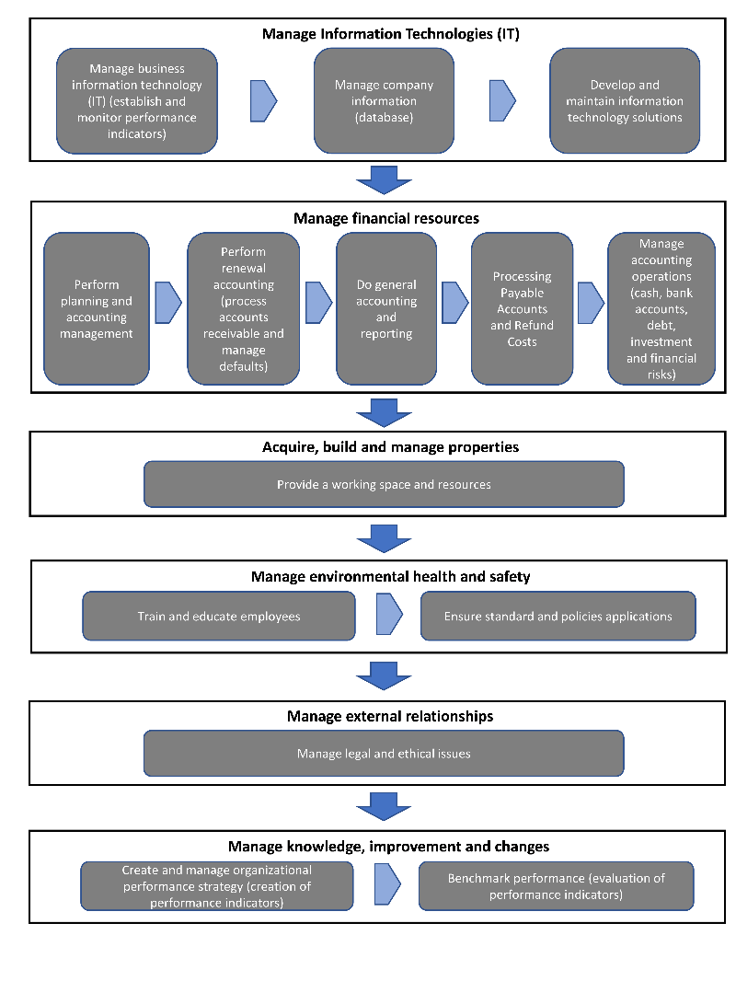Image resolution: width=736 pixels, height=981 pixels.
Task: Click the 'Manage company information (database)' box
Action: click(x=384, y=100)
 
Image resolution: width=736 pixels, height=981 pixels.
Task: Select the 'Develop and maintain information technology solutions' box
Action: click(x=625, y=100)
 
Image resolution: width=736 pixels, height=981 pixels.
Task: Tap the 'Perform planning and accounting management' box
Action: click(x=97, y=308)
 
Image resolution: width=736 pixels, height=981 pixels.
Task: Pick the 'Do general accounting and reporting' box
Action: click(x=385, y=308)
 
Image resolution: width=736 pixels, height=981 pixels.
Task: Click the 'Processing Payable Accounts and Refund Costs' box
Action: click(x=523, y=308)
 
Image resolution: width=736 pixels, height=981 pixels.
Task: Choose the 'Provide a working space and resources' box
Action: click(x=384, y=484)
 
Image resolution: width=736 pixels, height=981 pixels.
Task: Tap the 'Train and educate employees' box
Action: click(x=219, y=617)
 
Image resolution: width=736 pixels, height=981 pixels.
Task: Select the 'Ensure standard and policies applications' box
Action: click(x=558, y=617)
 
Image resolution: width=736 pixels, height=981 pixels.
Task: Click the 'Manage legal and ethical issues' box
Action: click(x=384, y=754)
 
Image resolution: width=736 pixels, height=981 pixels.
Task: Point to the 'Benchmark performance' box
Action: click(x=556, y=886)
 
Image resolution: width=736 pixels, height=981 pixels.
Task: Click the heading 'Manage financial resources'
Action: click(x=386, y=218)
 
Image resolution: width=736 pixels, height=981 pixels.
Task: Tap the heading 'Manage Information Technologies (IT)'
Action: click(x=391, y=34)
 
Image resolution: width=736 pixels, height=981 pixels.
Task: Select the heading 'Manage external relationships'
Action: click(x=390, y=716)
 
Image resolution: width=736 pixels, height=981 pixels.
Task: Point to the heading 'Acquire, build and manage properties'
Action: click(x=391, y=446)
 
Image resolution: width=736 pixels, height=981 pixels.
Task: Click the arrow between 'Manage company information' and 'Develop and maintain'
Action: click(x=502, y=100)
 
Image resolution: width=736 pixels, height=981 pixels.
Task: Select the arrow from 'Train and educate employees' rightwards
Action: click(x=389, y=615)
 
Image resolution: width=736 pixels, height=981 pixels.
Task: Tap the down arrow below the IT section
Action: click(x=384, y=180)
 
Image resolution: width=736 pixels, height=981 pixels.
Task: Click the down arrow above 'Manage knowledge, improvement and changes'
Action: click(x=384, y=806)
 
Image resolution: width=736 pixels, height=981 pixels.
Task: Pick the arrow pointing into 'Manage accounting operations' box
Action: click(x=591, y=303)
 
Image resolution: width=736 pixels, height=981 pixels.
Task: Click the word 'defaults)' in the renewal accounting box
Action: click(x=243, y=366)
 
